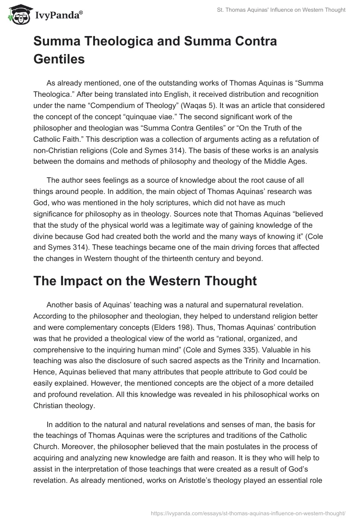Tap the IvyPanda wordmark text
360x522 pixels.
(x=58, y=15)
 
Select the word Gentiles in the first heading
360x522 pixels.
(x=59, y=58)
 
